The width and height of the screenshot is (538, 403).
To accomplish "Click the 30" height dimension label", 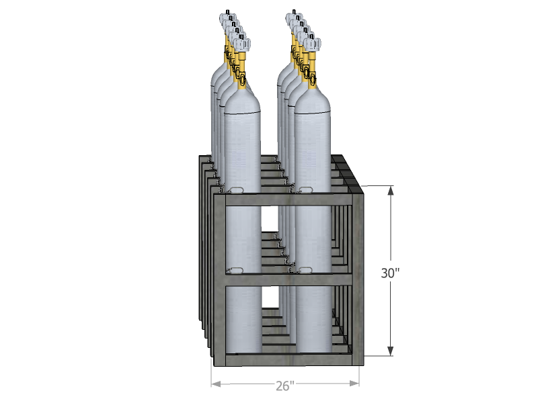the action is click(390, 273).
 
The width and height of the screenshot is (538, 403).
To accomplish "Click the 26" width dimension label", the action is click(285, 386).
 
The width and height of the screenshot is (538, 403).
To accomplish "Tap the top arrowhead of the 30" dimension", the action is click(391, 191).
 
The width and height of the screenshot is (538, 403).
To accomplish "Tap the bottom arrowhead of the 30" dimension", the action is click(391, 351).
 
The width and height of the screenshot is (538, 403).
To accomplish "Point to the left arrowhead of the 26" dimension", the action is click(216, 384).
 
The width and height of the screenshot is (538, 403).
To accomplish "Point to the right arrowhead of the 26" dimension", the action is click(354, 383).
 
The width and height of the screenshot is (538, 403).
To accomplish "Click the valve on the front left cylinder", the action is click(242, 44).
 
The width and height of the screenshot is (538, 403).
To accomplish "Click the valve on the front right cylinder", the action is click(312, 43).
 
